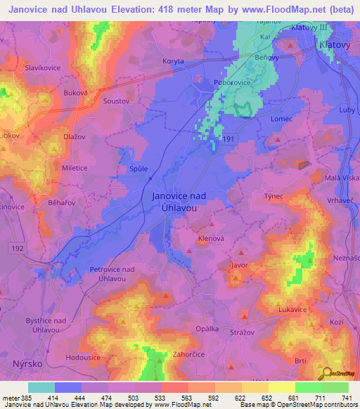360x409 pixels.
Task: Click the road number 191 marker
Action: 229,140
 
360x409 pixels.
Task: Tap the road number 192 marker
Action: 18,248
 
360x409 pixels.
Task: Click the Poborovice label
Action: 231,82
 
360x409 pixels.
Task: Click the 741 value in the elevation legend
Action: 346,398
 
